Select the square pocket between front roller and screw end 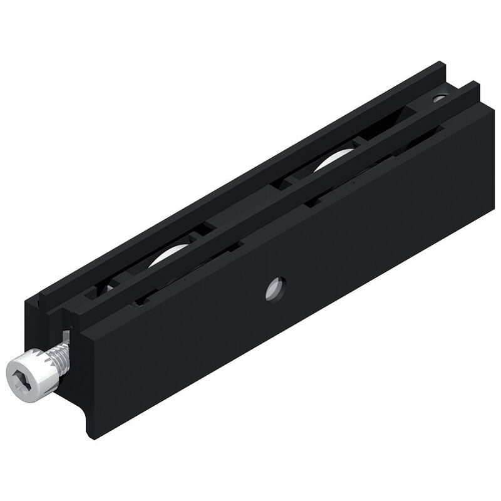click(x=103, y=288)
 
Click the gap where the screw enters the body click(x=67, y=332)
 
